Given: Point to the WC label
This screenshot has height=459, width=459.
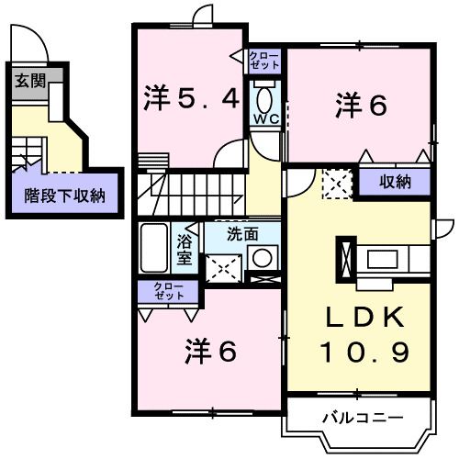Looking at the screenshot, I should [266, 120].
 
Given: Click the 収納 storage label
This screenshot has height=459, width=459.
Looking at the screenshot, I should [396, 182].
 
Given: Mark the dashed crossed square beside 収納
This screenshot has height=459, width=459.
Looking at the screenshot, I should [334, 183].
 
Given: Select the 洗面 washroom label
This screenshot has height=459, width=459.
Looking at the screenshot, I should [242, 234].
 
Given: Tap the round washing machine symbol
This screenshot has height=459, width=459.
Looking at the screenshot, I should [264, 258].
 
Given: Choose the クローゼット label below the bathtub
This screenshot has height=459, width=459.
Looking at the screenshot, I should [167, 293].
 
